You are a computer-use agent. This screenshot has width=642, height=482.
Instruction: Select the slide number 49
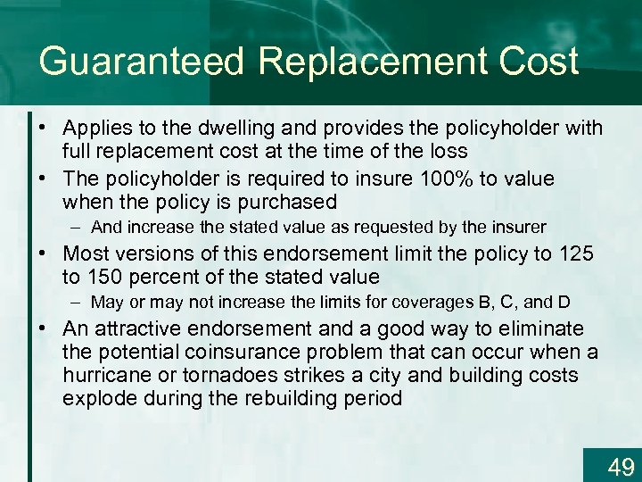pos(621,466)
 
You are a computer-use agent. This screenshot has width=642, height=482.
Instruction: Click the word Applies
pos(98,129)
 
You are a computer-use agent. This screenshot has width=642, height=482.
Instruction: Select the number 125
pos(576,253)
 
